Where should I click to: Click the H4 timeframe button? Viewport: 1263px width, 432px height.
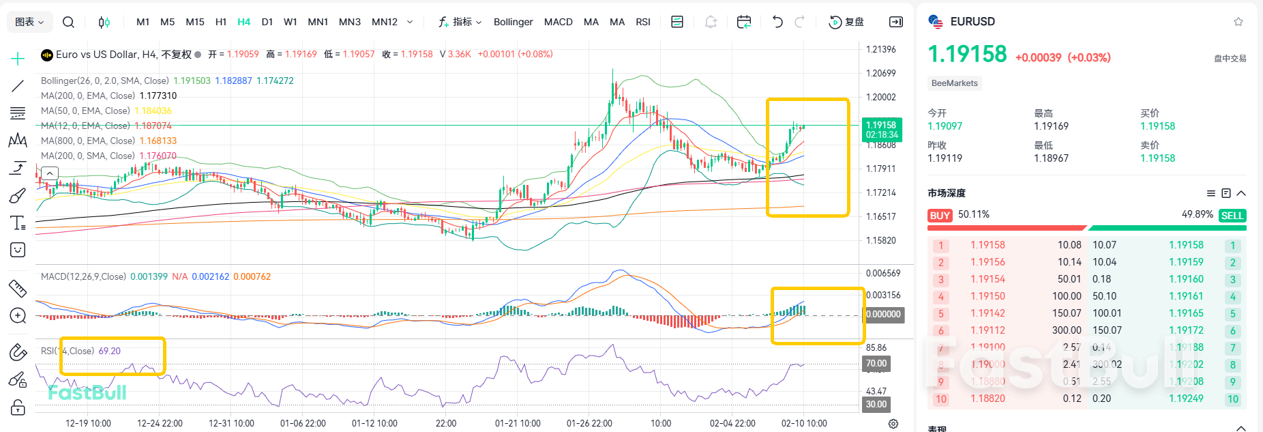tap(243, 22)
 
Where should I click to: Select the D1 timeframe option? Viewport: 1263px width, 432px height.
tap(267, 22)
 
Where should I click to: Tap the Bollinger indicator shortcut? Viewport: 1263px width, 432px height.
tap(513, 22)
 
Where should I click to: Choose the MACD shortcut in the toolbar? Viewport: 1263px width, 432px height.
tap(558, 22)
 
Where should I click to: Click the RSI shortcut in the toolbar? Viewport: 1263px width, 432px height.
tap(642, 22)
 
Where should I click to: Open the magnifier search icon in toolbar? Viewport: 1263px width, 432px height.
tap(68, 22)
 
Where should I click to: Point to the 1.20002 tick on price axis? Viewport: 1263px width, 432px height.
tap(880, 97)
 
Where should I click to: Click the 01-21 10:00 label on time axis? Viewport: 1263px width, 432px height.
tap(518, 423)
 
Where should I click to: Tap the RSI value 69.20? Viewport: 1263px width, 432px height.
tap(109, 351)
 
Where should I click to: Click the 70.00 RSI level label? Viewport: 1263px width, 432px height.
tap(876, 363)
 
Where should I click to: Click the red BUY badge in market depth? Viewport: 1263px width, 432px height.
tap(940, 216)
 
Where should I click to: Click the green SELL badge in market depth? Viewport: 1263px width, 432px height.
tap(1232, 216)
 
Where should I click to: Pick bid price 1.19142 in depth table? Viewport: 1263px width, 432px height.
tap(987, 313)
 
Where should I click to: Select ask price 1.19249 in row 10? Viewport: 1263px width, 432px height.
tap(1186, 399)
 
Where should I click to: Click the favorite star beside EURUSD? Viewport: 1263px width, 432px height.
tap(1238, 22)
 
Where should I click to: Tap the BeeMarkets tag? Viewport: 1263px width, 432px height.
tap(954, 83)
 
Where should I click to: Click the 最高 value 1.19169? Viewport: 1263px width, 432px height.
tap(1051, 126)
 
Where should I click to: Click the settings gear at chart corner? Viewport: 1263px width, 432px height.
tap(893, 424)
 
